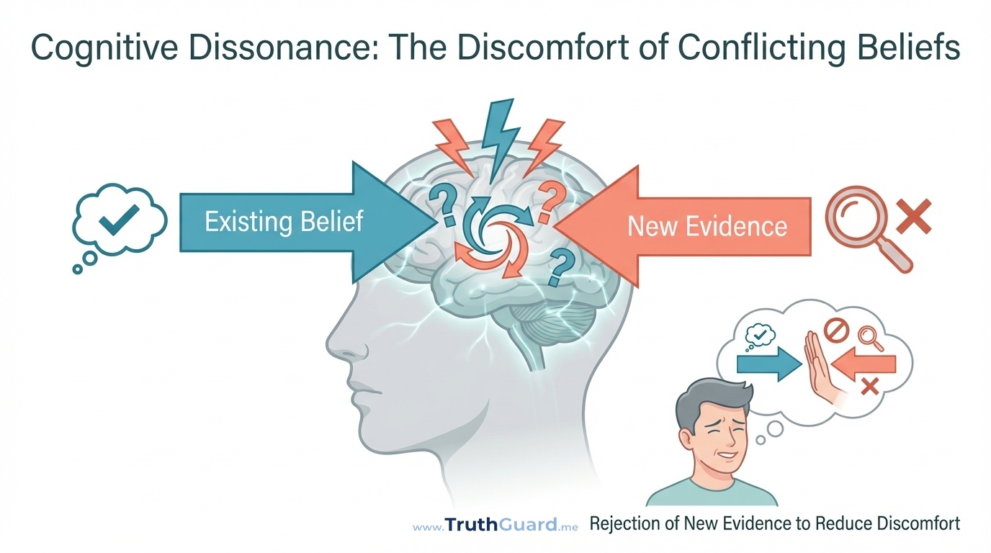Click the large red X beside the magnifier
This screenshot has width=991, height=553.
pyautogui.click(x=912, y=217)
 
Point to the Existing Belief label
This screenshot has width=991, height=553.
pyautogui.click(x=284, y=221)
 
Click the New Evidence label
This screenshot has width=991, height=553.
pyautogui.click(x=707, y=227)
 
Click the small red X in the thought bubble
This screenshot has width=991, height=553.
pyautogui.click(x=869, y=387)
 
